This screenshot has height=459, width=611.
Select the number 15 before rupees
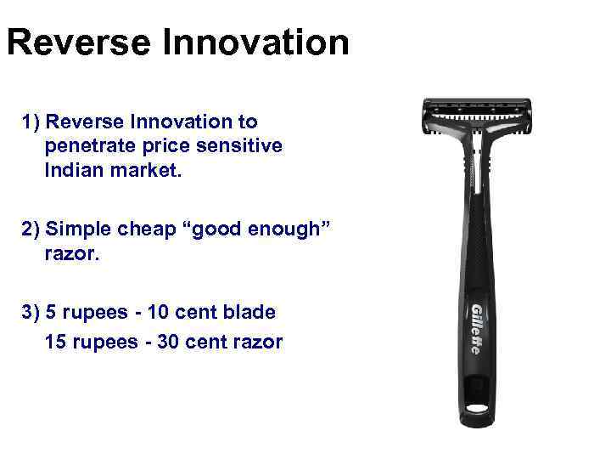(x=56, y=343)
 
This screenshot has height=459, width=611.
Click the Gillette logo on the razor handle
(x=476, y=328)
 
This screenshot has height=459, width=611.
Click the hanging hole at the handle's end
(x=479, y=409)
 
